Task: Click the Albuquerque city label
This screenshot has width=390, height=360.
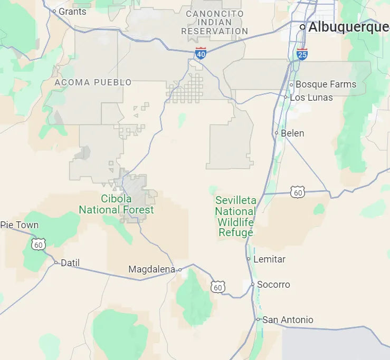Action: coord(348,27)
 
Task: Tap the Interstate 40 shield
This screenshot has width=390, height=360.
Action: coord(201,53)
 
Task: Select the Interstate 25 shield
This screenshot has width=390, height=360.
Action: coord(302,54)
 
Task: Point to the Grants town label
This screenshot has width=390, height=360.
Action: coord(72,11)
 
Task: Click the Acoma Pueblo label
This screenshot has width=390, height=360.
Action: coord(93,82)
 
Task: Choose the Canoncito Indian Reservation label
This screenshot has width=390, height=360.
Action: coord(215,22)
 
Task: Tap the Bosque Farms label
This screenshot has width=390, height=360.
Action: coord(326,84)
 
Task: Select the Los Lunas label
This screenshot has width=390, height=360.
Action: coord(311,98)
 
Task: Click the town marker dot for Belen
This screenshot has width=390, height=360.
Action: coord(276,133)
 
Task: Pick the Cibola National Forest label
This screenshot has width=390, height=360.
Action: coord(116,205)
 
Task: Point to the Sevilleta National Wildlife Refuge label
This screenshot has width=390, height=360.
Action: coord(235,217)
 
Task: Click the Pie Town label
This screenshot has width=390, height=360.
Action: coord(20,225)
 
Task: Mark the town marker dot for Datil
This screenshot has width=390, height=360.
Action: coord(56,262)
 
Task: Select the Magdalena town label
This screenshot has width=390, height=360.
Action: coord(151,269)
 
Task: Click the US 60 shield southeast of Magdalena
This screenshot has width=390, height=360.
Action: coord(218,287)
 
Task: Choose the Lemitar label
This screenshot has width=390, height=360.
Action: coord(269,259)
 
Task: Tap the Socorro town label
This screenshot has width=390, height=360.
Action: coord(273,285)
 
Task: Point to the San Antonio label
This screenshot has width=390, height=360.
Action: coord(288,320)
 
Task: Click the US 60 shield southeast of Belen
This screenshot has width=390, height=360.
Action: coord(298,192)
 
